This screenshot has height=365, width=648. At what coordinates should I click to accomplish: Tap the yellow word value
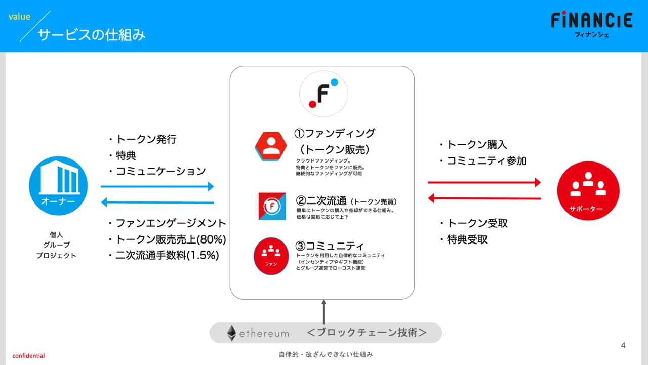coord(19,17)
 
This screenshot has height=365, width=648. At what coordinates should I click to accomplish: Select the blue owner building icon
coord(58,186)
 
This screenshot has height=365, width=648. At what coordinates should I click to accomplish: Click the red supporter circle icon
coord(588,190)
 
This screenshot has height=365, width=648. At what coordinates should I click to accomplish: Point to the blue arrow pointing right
coord(157,186)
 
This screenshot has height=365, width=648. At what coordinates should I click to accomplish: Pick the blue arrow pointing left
coord(157,202)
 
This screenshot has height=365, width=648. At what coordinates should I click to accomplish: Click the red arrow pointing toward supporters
coord(484,182)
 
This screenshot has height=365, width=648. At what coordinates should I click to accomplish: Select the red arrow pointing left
coord(484,198)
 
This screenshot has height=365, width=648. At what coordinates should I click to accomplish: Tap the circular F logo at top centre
coord(323,94)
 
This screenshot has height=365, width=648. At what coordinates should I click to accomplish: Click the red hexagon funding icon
coord(271,146)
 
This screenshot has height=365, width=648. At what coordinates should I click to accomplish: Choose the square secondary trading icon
coord(272,206)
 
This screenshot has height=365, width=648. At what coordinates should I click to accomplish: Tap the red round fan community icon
coord(271,256)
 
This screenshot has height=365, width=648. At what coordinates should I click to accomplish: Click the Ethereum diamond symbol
coord(231,333)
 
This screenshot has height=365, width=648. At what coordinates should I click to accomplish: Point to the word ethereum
coord(264,334)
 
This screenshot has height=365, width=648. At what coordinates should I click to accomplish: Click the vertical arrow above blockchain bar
coord(323,312)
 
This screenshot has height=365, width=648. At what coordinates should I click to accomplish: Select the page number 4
coord(623,345)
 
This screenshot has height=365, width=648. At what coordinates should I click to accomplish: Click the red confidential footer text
coord(28,356)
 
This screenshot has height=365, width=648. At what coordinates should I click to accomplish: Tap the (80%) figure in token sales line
coord(211,239)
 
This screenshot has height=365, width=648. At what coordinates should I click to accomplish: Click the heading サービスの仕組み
coord(92,35)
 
